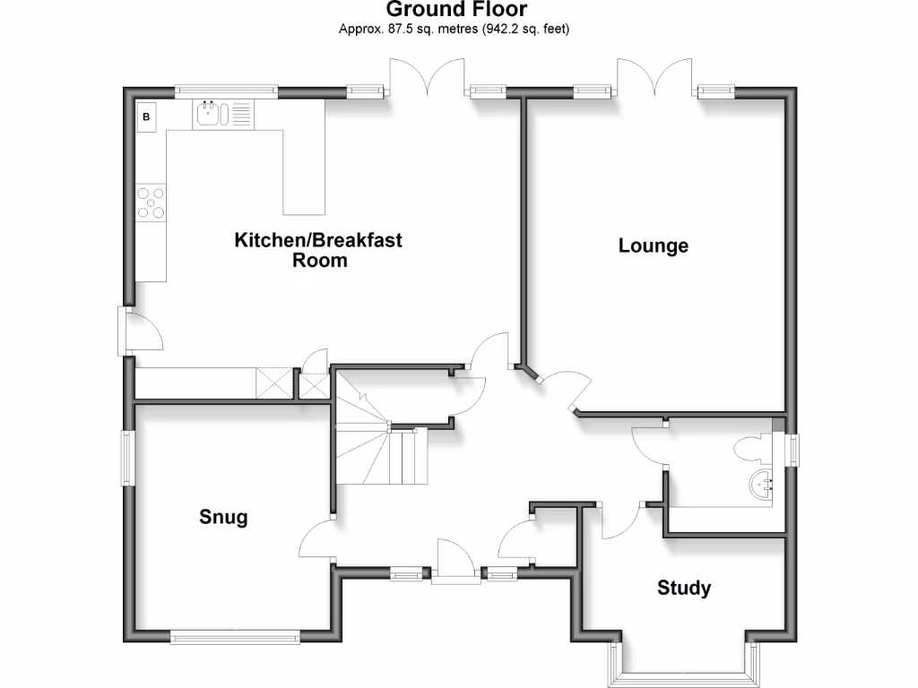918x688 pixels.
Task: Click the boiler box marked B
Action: coord(147,116)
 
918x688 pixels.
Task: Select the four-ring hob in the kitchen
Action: coord(151,202)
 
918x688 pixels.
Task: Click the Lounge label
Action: coord(653,245)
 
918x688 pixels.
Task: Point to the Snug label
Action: coord(223,517)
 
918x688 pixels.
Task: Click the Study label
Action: coord(684,588)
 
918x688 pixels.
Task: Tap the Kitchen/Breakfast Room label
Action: coord(318,250)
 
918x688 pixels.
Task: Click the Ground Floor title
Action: coord(456,10)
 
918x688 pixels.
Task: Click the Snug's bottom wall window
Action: coord(235,638)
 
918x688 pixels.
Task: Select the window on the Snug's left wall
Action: coord(127,458)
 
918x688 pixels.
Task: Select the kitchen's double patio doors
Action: coord(427,79)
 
